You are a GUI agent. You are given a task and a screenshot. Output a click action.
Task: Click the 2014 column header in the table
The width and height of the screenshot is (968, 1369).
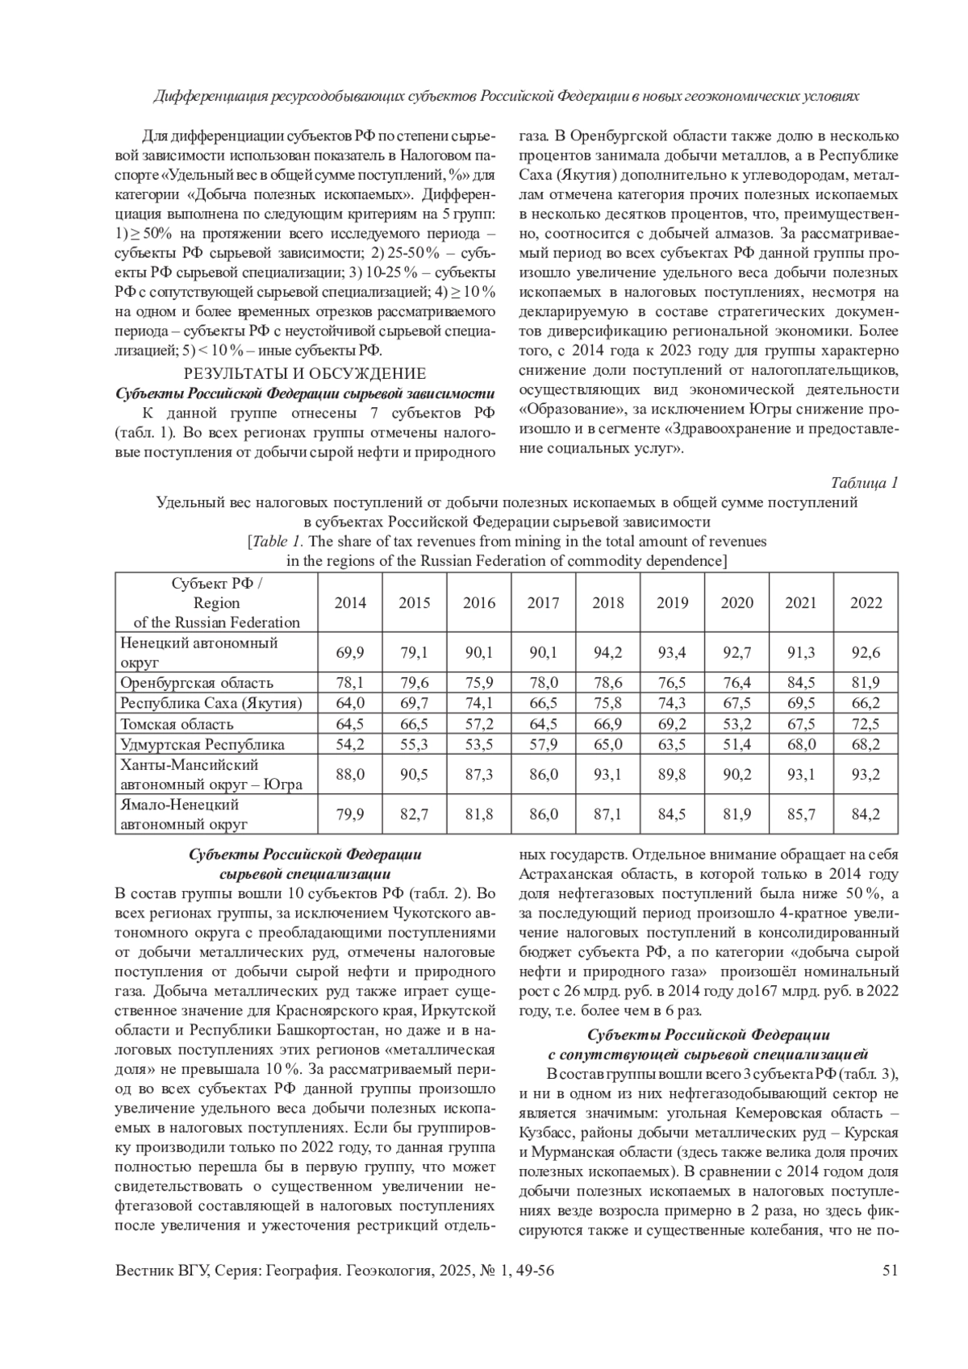tap(350, 602)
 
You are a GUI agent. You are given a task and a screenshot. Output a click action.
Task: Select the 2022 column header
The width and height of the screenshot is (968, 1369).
tap(866, 602)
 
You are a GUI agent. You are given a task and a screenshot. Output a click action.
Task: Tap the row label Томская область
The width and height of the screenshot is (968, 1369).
tap(177, 724)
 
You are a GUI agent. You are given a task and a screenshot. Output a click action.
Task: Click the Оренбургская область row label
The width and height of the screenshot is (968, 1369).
tap(197, 683)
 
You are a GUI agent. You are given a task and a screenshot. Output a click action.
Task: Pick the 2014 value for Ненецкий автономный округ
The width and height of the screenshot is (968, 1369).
tap(350, 652)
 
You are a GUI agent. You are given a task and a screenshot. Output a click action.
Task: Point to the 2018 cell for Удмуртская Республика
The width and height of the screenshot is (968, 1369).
tap(607, 744)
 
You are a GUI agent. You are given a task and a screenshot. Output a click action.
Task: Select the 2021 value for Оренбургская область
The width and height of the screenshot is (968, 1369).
tap(801, 683)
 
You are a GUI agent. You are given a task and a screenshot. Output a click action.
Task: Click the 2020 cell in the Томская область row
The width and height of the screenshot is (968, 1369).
tap(736, 724)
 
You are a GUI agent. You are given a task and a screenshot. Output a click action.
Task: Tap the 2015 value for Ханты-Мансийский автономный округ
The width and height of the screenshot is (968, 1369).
tap(415, 774)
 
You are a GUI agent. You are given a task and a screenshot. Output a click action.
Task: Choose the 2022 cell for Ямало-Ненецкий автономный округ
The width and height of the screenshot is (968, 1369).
tap(866, 814)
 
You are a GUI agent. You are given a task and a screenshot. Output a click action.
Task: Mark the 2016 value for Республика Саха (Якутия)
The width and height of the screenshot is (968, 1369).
tap(479, 703)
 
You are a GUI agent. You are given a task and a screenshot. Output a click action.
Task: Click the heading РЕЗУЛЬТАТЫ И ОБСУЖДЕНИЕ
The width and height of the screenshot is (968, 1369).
tap(305, 373)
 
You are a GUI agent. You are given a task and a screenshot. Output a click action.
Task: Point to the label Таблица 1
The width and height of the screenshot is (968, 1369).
tap(864, 483)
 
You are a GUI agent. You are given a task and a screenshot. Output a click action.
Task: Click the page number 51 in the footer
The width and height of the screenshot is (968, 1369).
tap(891, 1271)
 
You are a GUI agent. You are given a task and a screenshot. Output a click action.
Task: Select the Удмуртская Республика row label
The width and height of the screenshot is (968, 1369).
tap(202, 744)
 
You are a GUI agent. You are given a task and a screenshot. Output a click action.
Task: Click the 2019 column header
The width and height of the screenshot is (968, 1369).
tap(672, 602)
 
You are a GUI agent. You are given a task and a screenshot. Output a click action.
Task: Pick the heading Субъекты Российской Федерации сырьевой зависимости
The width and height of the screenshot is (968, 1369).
tap(305, 393)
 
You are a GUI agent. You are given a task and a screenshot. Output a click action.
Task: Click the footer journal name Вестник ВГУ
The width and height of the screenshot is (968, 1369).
tap(161, 1271)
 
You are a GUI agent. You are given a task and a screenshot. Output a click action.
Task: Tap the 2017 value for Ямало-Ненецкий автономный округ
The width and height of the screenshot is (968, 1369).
tap(543, 814)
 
